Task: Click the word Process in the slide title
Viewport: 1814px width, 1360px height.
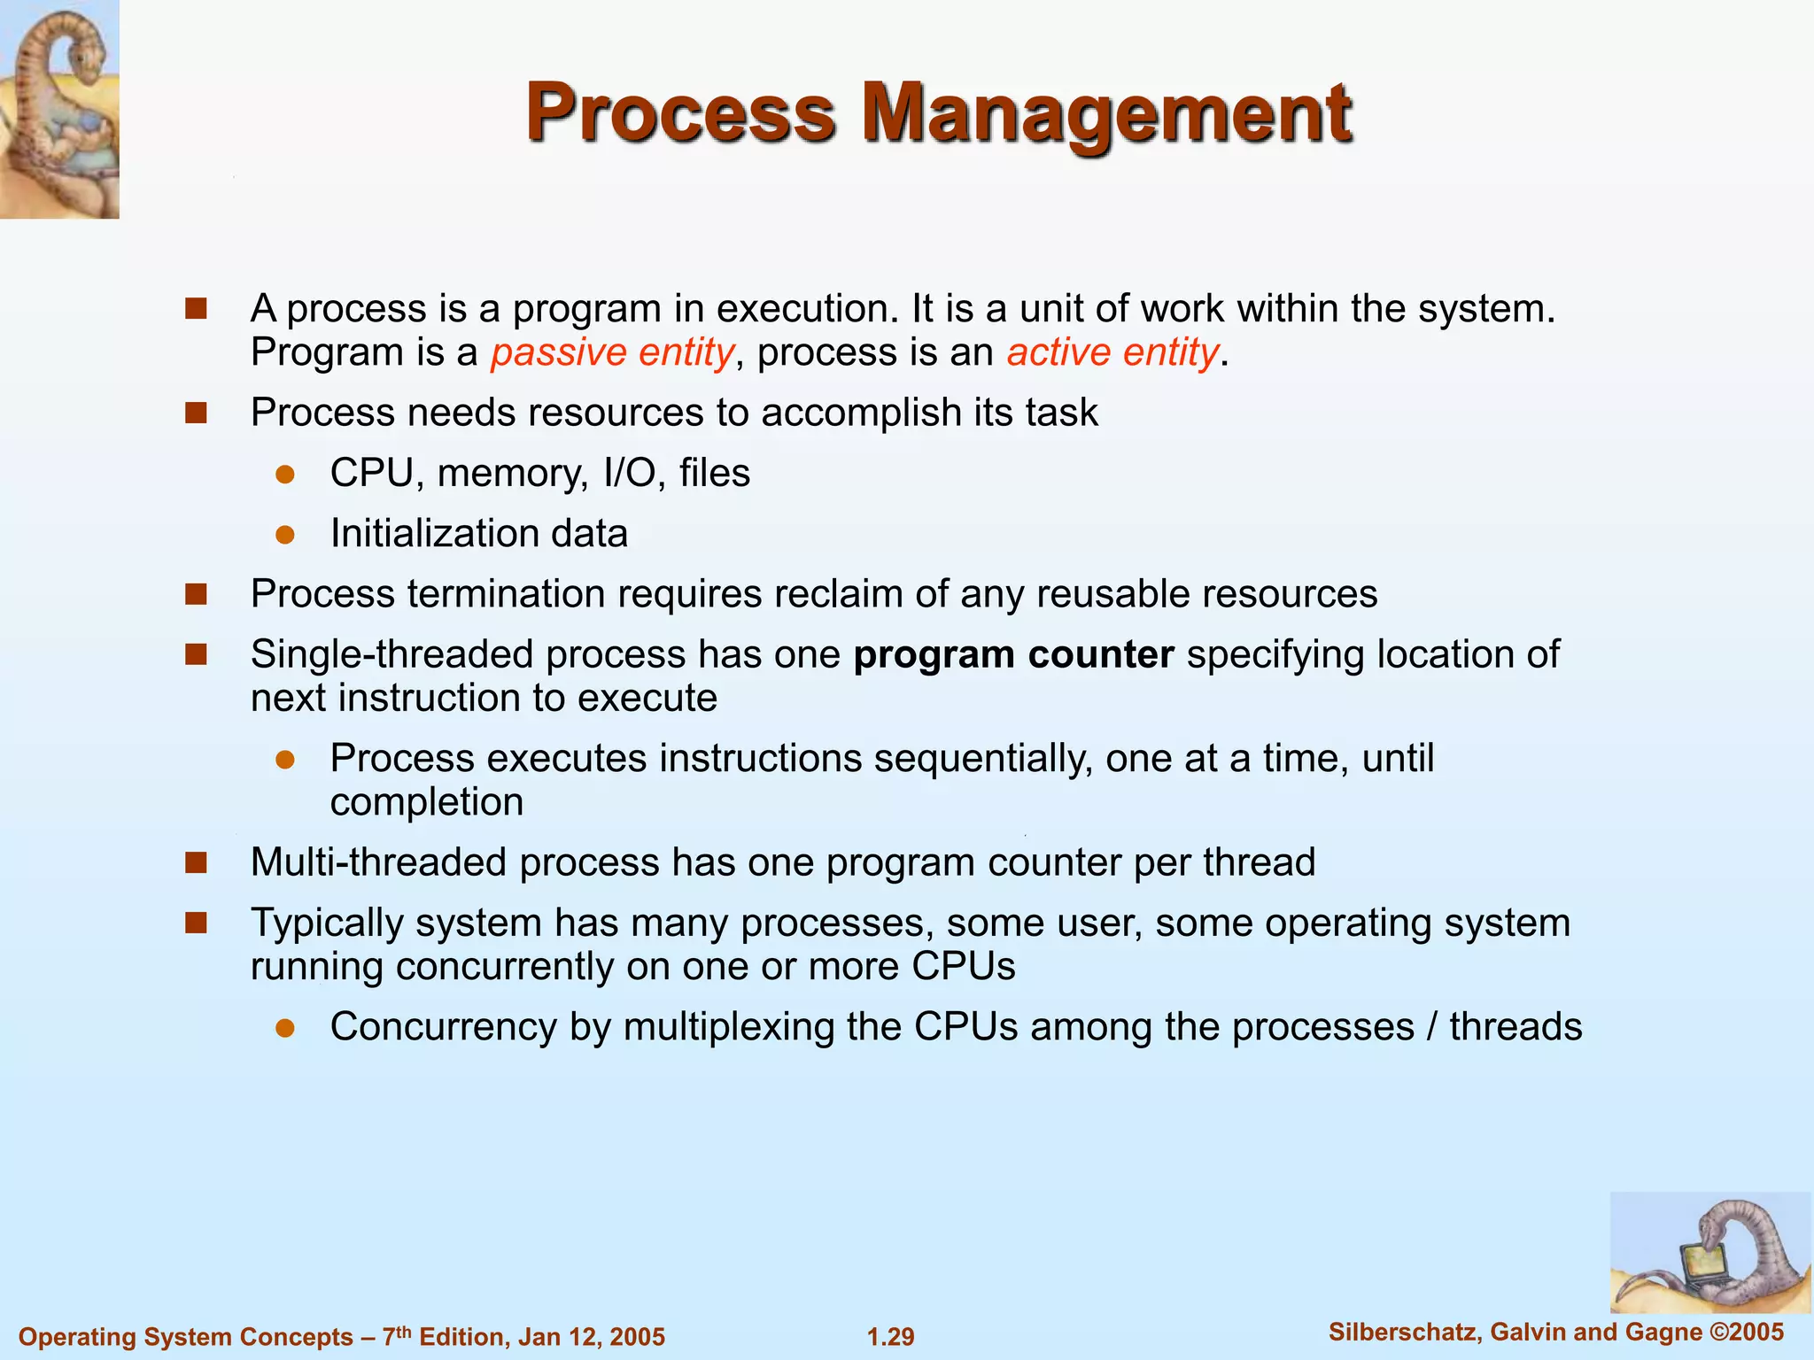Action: point(680,113)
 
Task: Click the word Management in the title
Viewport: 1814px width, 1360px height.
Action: point(1106,113)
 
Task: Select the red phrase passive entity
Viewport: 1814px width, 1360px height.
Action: point(612,352)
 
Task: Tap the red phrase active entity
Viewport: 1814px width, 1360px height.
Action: point(1112,352)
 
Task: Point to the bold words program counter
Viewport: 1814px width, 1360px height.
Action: point(1013,654)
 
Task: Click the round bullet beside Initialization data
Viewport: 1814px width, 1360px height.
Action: point(284,534)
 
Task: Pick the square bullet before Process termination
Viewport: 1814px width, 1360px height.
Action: point(196,594)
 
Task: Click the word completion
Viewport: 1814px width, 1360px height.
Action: point(426,802)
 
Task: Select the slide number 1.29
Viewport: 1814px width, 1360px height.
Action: point(890,1336)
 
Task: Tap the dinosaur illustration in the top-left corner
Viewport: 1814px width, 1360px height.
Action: point(59,108)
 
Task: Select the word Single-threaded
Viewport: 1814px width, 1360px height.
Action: point(392,654)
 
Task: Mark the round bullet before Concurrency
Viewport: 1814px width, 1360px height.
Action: point(284,1027)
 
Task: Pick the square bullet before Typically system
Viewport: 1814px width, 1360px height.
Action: point(196,923)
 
